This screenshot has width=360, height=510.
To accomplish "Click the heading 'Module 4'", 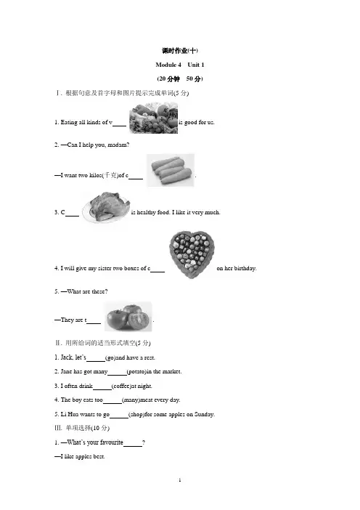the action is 168,65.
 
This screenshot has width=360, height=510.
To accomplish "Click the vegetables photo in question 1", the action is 153,118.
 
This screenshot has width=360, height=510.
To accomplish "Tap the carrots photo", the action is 171,171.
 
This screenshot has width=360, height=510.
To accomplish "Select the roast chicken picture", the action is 106,207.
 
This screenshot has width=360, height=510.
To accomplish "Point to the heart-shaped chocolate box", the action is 192,255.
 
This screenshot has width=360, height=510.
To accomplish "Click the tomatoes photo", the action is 128,317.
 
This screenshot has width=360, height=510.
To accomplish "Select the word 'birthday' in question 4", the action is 245,268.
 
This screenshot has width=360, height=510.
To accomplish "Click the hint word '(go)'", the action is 110,357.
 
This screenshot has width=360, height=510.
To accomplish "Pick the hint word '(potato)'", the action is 136,371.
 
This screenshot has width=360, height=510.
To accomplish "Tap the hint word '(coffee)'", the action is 121,386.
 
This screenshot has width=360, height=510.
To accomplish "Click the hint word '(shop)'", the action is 136,414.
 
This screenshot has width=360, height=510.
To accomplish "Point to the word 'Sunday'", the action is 204,414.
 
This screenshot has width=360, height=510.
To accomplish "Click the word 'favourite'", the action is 112,442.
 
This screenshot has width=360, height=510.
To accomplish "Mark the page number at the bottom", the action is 180,480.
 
